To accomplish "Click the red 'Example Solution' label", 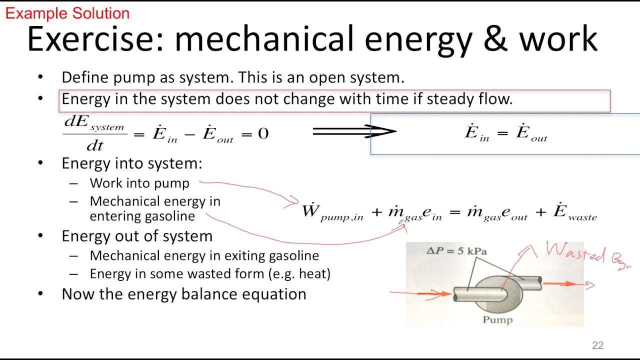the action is click(67, 13).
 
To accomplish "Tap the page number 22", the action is click(597, 345).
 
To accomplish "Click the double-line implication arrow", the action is click(354, 131).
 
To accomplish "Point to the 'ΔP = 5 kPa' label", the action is click(456, 251).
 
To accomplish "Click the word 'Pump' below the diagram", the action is click(497, 319).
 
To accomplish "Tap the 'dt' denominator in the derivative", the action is click(95, 145).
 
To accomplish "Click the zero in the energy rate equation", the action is click(263, 133).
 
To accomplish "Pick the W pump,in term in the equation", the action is click(332, 212).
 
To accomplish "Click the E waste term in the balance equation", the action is click(575, 212).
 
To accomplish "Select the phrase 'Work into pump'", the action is click(139, 183).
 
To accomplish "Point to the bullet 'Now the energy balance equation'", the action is click(183, 294).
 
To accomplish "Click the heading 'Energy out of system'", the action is click(136, 236).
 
